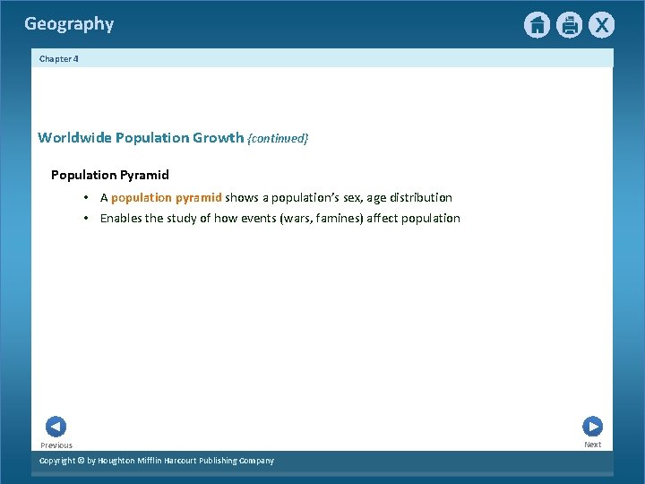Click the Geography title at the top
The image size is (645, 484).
[x=69, y=24]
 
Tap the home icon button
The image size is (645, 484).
[x=537, y=25]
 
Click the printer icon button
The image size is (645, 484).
[x=569, y=25]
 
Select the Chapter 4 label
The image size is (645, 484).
[x=58, y=58]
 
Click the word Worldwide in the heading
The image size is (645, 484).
[x=74, y=138]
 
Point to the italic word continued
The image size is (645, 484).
[x=278, y=139]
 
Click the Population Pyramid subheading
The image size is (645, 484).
[x=109, y=175]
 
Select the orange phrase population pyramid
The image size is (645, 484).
[x=166, y=197]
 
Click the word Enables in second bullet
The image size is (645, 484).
[x=121, y=218]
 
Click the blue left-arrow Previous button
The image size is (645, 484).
[x=56, y=427]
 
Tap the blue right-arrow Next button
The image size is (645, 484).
[x=592, y=427]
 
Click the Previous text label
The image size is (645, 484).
[x=56, y=445]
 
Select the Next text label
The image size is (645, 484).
[x=592, y=445]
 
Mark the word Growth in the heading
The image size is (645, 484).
[x=219, y=138]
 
